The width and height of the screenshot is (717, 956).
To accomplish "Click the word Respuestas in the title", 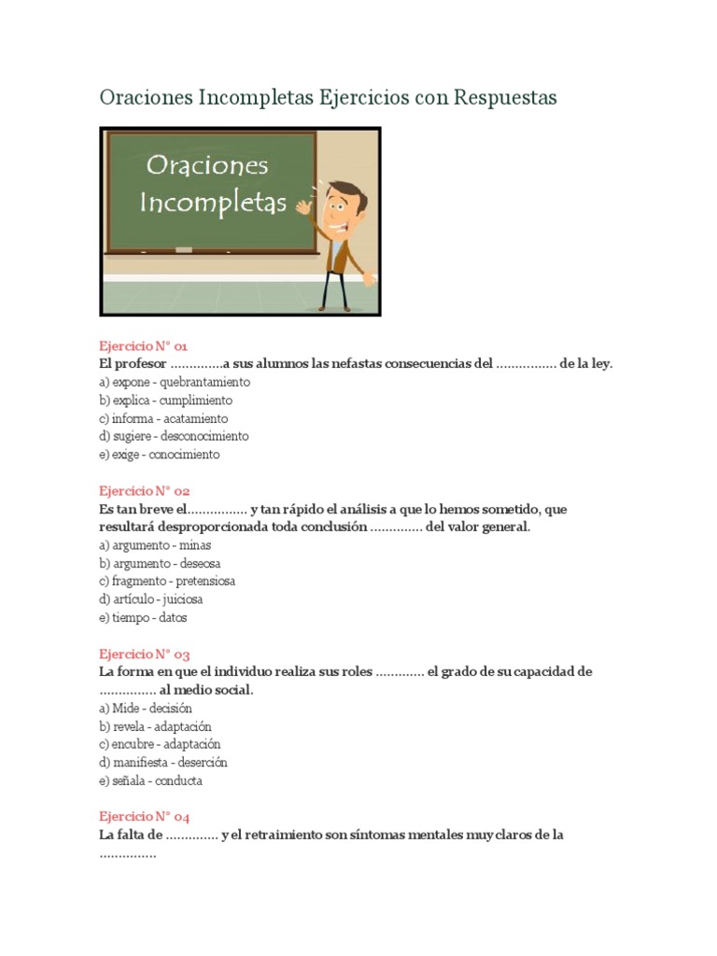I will pyautogui.click(x=505, y=97).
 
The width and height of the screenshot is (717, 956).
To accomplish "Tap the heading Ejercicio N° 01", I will pyautogui.click(x=144, y=345).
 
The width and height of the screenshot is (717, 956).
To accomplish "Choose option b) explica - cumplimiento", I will pyautogui.click(x=165, y=401).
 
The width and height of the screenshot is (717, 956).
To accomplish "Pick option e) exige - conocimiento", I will pyautogui.click(x=159, y=455).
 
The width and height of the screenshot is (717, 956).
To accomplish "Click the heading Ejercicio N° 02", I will pyautogui.click(x=145, y=490).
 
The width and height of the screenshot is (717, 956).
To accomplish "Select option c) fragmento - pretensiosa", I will pyautogui.click(x=167, y=581).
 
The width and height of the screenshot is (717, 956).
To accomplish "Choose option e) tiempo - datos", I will pyautogui.click(x=144, y=617).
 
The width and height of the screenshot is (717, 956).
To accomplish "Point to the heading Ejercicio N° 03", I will pyautogui.click(x=145, y=654).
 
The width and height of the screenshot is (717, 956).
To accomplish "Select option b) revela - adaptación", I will pyautogui.click(x=155, y=726).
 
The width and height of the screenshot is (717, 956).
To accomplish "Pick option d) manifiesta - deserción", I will pyautogui.click(x=163, y=762).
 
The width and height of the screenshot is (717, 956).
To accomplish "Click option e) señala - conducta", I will pyautogui.click(x=150, y=780).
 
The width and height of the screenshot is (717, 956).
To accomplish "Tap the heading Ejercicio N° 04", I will pyautogui.click(x=145, y=816).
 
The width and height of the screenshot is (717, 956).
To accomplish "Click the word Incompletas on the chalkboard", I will pyautogui.click(x=214, y=204).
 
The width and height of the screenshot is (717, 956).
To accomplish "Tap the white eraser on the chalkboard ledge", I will pyautogui.click(x=183, y=249).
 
